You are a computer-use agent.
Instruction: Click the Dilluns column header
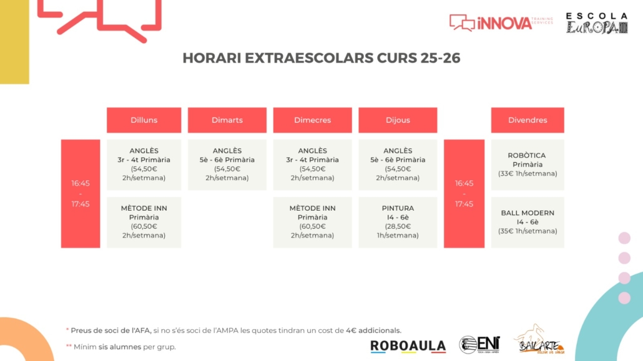[144, 120]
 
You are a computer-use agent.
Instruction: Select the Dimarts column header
[227, 120]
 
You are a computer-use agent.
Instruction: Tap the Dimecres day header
[313, 120]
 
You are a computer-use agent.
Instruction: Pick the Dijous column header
[398, 120]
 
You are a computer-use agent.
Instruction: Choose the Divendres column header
[528, 120]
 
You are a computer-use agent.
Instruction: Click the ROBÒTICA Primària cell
[528, 165]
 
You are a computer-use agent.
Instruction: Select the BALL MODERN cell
[528, 222]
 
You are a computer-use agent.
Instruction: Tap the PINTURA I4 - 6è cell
[398, 222]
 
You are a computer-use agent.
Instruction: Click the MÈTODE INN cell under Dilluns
[144, 222]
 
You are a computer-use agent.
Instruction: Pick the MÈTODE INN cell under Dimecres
[313, 222]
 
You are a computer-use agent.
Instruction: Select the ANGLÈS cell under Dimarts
[227, 165]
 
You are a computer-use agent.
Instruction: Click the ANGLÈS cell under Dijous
[398, 165]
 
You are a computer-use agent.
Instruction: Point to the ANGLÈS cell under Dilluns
[144, 165]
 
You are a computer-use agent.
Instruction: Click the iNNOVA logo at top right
[501, 23]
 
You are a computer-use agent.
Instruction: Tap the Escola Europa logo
[597, 23]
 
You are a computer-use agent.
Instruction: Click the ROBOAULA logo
[408, 346]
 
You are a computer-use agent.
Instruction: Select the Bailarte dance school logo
[539, 340]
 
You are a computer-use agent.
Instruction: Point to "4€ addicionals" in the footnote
[373, 330]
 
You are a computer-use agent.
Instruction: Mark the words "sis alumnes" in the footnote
[120, 347]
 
